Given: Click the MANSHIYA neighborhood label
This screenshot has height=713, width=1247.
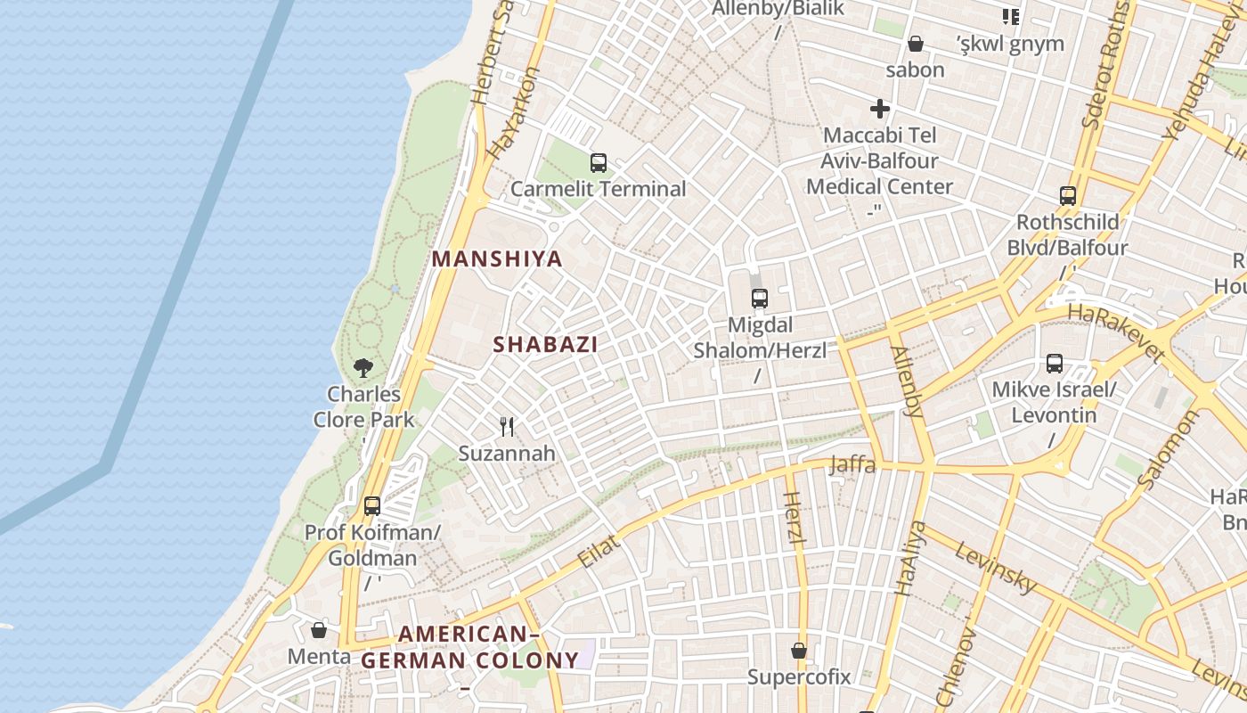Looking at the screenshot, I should coord(497,259).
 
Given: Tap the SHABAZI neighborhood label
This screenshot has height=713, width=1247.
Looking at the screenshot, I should coord(545,344).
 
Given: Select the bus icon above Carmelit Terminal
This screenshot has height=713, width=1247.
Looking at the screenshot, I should coord(599,163).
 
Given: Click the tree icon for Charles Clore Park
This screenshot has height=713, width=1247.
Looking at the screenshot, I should coord(363,367).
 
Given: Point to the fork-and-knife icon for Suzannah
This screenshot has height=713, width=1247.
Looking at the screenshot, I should coord(508,427).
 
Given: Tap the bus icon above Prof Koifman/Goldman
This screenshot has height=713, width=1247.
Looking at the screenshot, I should coord(372,506).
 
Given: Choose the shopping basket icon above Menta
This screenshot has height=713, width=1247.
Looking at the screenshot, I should coord(319,630).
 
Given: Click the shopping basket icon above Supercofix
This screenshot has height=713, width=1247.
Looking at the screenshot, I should coord(799,650).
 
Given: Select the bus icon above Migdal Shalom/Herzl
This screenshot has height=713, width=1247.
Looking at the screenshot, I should coord(760,299).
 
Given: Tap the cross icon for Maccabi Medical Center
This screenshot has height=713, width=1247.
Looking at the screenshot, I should coord(880,110).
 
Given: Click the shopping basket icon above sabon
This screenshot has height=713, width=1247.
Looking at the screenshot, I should coord(915,44).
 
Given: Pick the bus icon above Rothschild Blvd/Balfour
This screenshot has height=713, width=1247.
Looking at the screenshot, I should coord(1068,196).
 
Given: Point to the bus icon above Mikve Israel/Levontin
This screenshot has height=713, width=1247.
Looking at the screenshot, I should coord(1055,364).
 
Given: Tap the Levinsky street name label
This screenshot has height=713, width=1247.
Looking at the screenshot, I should coord(996,567).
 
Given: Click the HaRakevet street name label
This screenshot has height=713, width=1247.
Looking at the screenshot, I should coord(1116,332).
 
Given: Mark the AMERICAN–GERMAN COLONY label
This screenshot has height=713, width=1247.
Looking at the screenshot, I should coord(469,648).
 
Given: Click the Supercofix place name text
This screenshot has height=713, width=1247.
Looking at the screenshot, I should coord(799,676).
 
